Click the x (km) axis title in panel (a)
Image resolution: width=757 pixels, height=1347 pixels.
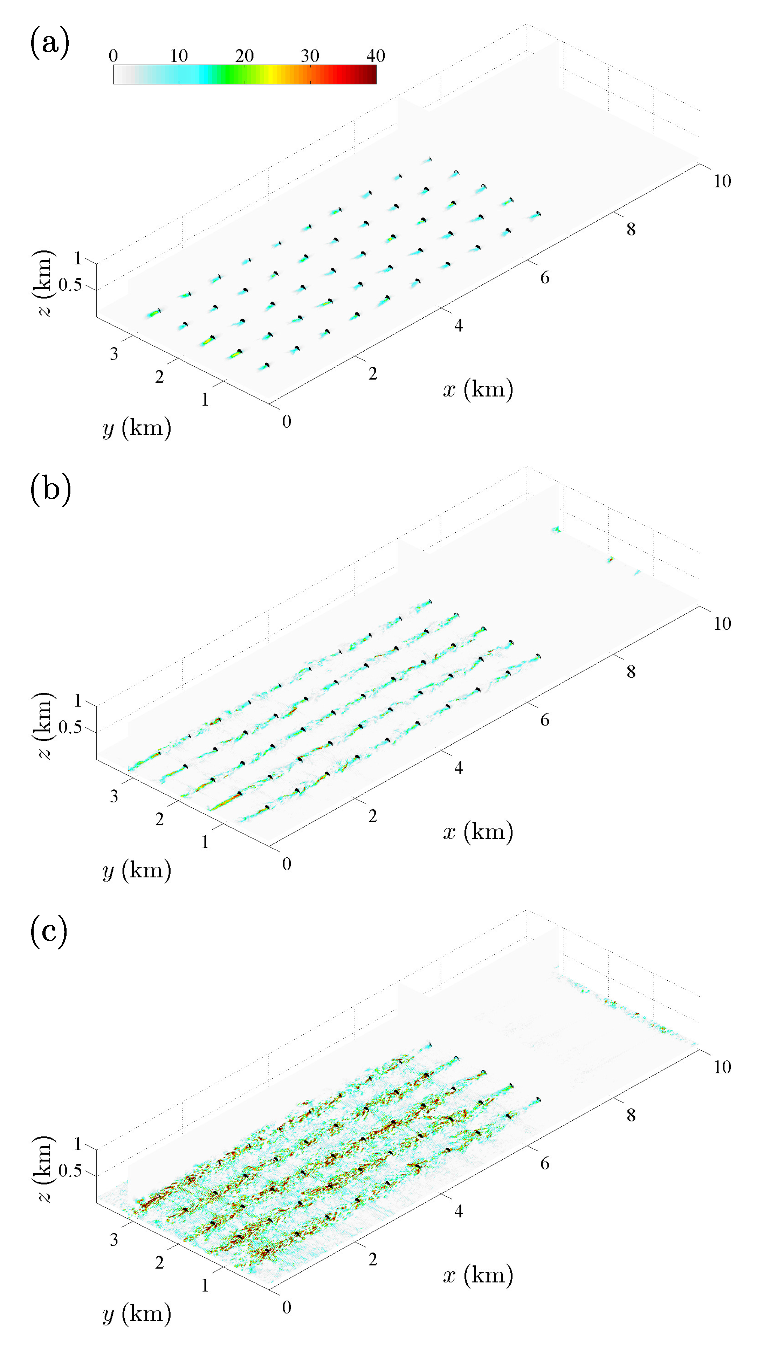pos(478,389)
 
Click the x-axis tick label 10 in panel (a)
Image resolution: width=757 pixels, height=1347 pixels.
pos(722,181)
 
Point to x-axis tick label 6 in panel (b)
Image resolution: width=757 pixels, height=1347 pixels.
pos(545,720)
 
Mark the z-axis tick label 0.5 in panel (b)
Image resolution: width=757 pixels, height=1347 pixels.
pos(70,727)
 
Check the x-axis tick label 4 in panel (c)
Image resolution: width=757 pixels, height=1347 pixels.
pos(458,1211)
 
